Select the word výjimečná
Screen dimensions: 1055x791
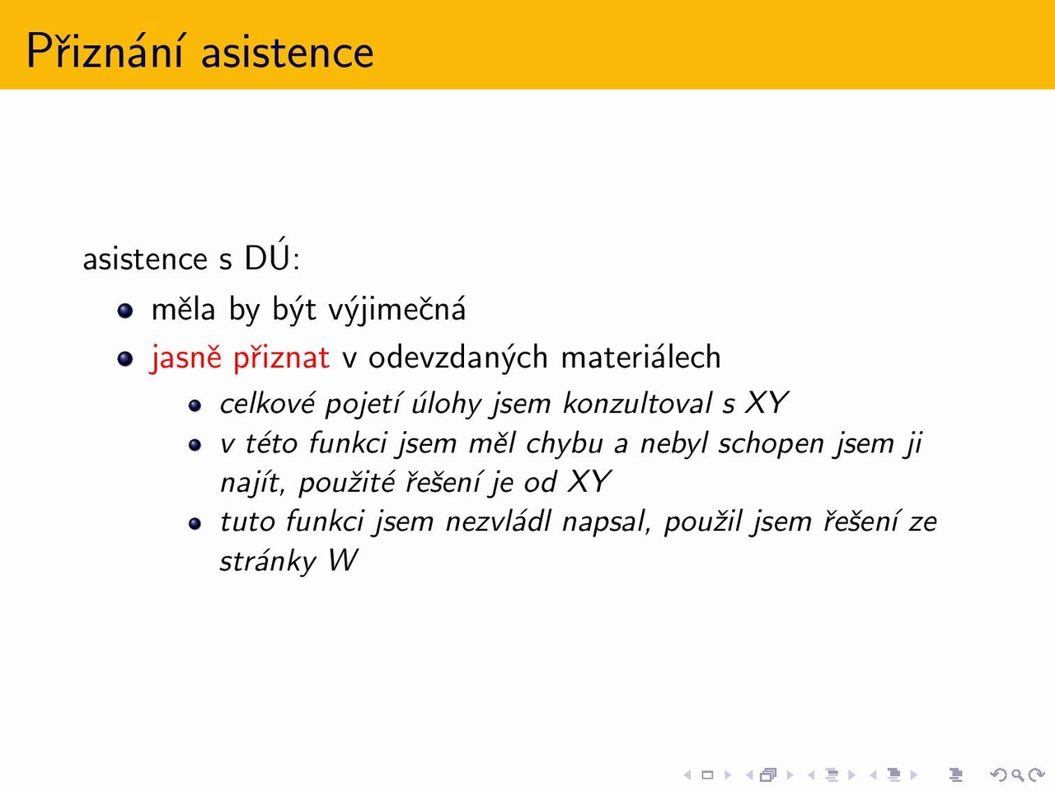tap(397, 310)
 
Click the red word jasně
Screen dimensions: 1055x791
tap(186, 358)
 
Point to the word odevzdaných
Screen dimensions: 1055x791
tap(458, 358)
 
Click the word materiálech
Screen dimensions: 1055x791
tap(640, 358)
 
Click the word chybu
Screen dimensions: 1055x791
tap(565, 444)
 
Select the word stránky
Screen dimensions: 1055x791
tap(268, 561)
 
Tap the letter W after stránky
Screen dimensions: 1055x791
tap(343, 560)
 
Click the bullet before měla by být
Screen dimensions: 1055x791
tap(125, 311)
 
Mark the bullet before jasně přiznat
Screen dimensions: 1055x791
tap(125, 358)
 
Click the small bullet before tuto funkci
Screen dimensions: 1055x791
tap(195, 523)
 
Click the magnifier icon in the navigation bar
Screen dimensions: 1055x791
tap(1018, 775)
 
